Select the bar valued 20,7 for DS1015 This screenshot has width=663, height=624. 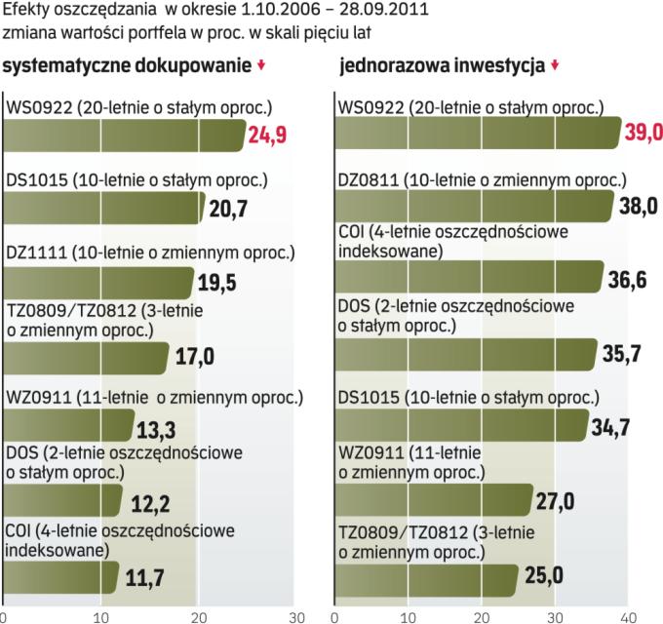[102, 208]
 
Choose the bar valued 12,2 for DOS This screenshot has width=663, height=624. [60, 501]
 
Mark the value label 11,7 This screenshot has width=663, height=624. [144, 578]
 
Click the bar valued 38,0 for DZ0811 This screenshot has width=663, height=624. [473, 206]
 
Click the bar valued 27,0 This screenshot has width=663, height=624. [434, 501]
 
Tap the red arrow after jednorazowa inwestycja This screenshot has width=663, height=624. [555, 66]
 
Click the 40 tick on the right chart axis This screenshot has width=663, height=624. [629, 616]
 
